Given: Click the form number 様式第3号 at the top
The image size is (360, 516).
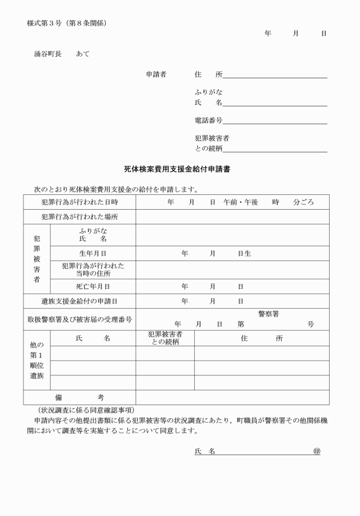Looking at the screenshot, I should click(x=66, y=23).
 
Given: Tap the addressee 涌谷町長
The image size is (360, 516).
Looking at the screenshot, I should click(x=47, y=54).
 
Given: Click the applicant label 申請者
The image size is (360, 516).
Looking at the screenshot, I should click(x=156, y=74).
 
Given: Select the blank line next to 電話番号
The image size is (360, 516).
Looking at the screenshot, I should click(x=275, y=121).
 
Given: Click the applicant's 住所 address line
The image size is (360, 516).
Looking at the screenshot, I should click(x=275, y=75).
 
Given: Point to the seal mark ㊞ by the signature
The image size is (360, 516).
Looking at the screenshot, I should click(x=317, y=451).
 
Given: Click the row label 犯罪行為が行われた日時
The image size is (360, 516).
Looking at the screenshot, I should click(x=79, y=202).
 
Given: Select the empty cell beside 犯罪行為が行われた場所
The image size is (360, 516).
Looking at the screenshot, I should click(x=232, y=217).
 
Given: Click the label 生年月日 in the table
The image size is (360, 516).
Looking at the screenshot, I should click(x=93, y=253).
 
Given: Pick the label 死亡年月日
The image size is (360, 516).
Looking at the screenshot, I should click(x=93, y=286).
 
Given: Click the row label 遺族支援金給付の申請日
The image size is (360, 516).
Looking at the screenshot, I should click(x=79, y=301).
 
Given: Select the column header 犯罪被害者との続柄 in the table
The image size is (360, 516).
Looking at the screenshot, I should click(x=165, y=338).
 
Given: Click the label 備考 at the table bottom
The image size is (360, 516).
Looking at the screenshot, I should click(x=79, y=397).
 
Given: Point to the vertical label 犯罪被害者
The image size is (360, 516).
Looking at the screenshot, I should click(x=37, y=259).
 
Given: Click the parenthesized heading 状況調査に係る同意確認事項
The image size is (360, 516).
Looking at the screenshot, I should click(x=86, y=410).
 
